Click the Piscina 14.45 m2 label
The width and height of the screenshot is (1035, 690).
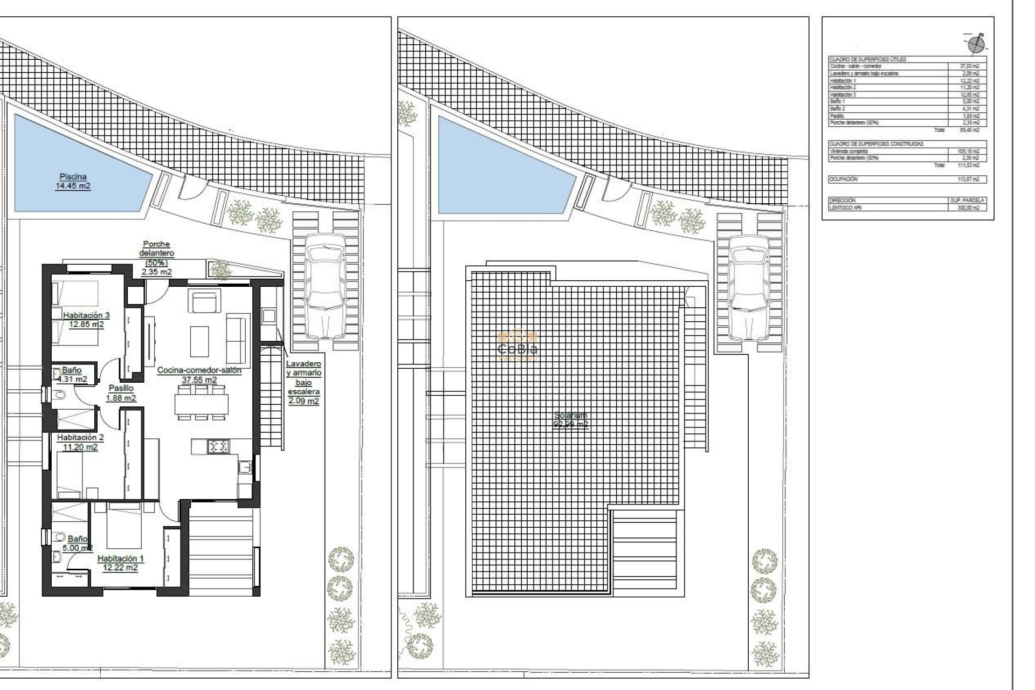coord(73,181)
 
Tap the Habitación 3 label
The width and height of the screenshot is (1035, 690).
coord(86,320)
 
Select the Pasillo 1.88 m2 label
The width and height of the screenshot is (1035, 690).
coord(121,393)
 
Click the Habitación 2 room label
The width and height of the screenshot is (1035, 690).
coord(80,442)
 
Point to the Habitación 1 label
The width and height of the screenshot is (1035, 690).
coord(120,563)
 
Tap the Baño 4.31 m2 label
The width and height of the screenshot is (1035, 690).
coord(72,374)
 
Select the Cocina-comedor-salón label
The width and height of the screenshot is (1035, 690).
coord(199,375)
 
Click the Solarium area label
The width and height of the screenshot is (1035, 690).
coord(571,419)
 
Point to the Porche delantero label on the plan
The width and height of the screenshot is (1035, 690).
coord(156,258)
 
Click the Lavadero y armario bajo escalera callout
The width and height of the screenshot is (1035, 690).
coord(303,382)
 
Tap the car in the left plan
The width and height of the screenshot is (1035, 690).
coord(325,286)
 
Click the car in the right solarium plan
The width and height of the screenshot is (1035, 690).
coord(749,287)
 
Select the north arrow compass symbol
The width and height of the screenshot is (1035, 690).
coord(976,44)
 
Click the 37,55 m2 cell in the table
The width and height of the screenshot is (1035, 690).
coord(969,66)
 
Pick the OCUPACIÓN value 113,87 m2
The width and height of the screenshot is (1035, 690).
coord(969,180)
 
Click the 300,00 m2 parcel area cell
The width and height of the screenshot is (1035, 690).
coord(969,208)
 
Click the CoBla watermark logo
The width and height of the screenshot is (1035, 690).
coord(517,346)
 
